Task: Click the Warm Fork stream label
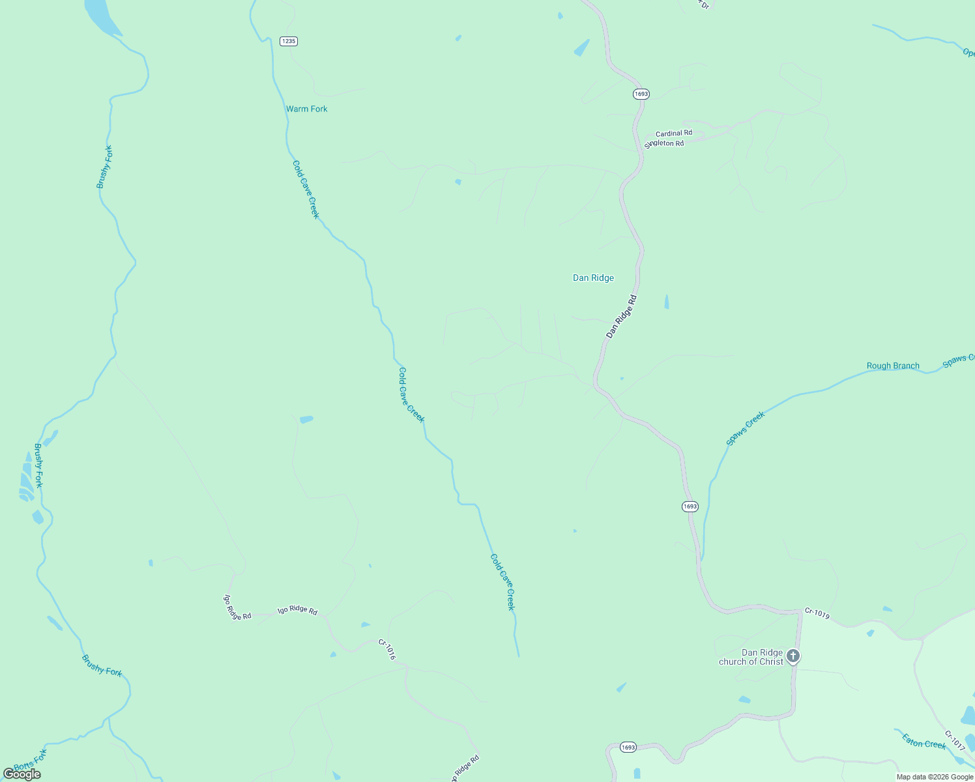point(306,109)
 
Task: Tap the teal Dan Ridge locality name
point(593,278)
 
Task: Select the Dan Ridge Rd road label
point(621,317)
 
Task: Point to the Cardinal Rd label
point(674,133)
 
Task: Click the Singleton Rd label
point(664,143)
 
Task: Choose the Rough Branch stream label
point(893,366)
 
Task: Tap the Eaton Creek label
point(924,741)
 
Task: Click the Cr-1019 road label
point(817,613)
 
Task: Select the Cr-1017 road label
point(954,740)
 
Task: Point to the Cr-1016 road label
point(387,649)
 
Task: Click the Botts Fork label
point(31,760)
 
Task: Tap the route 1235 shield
point(288,41)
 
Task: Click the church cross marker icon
point(793,656)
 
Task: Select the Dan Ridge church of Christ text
point(751,657)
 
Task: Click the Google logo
point(22,774)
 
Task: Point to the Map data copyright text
point(935,777)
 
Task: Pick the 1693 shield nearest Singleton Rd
point(641,94)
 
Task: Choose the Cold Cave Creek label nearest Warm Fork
point(306,189)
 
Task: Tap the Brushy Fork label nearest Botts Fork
point(102,665)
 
